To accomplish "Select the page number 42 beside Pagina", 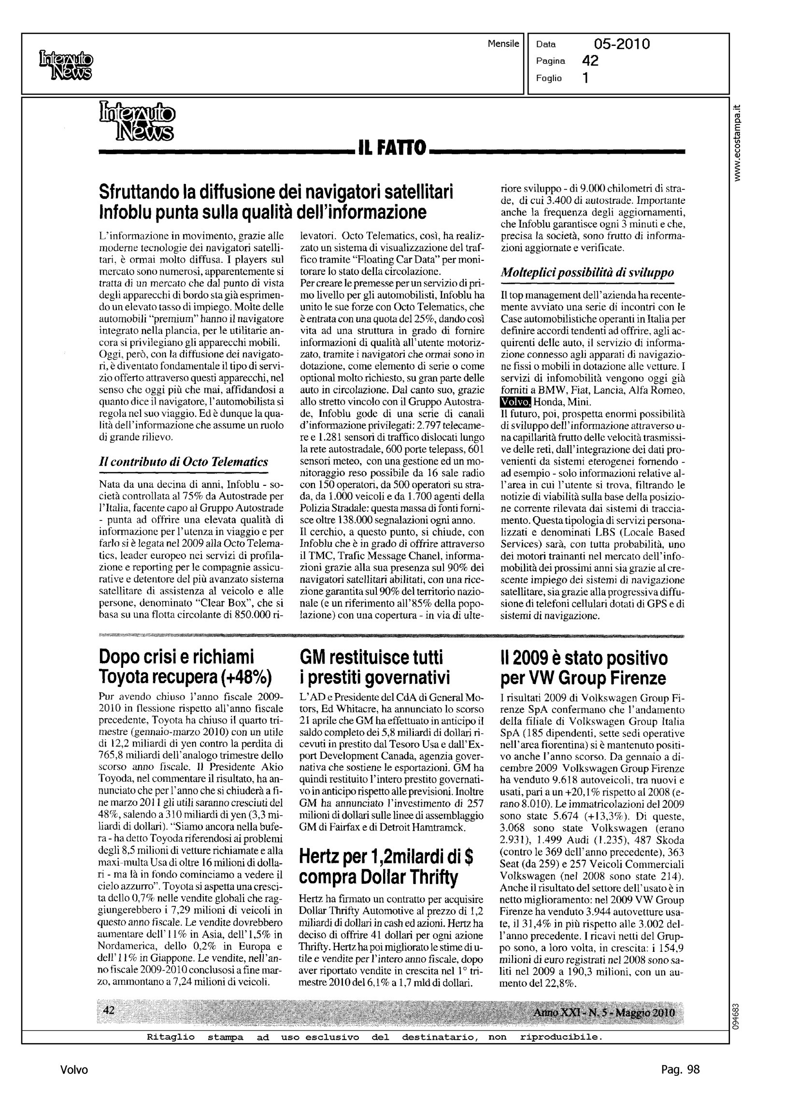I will coord(590,61).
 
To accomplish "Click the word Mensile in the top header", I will coord(503,44).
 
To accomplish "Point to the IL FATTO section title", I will coord(391,148).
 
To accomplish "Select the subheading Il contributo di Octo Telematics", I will coord(183,461).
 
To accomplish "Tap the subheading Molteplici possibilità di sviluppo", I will coord(587,273).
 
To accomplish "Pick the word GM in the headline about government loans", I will coord(313,658).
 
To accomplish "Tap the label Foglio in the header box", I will coord(549,78).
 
